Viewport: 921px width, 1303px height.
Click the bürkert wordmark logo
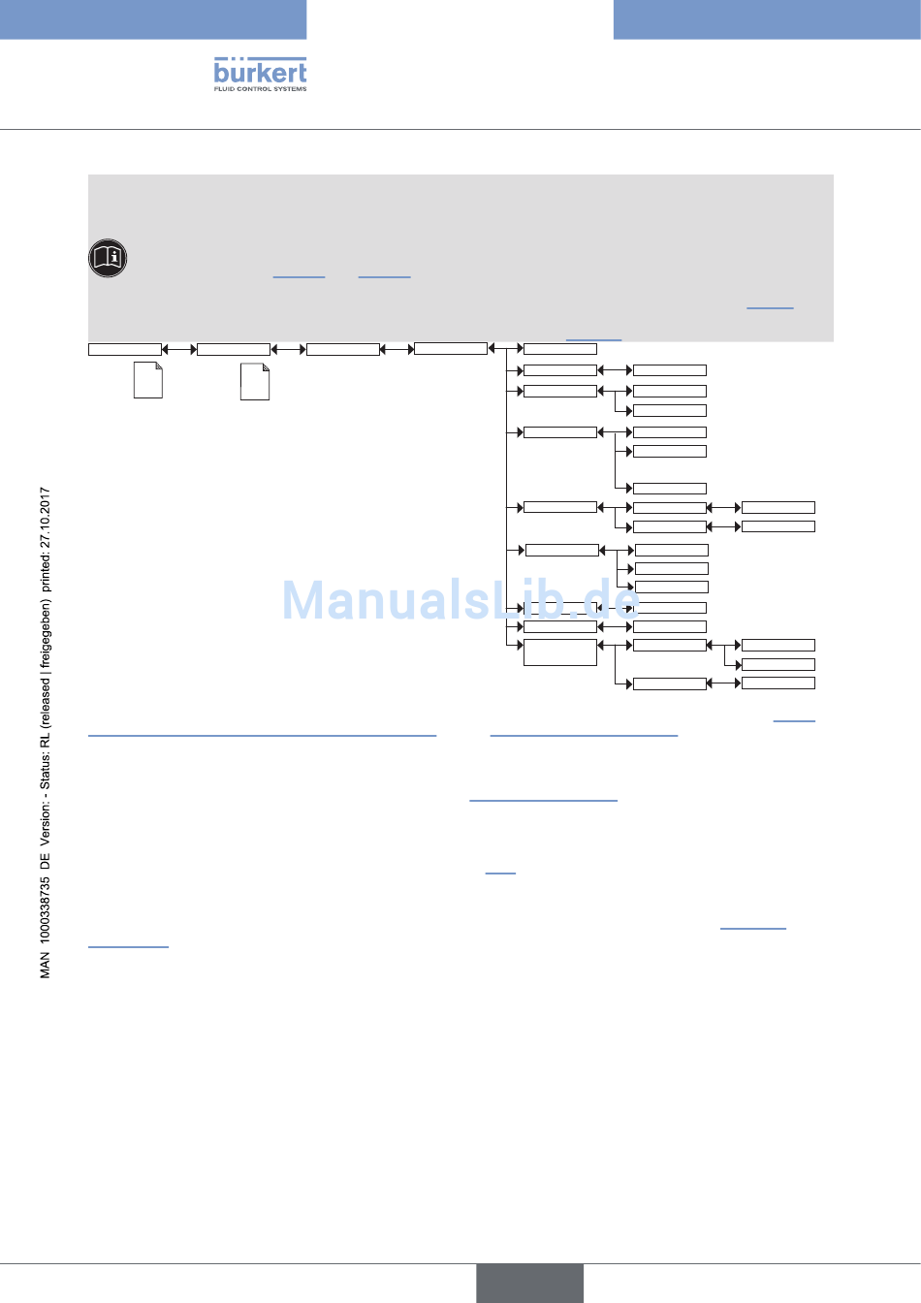[260, 72]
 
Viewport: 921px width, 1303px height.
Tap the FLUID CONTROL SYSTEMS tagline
[260, 89]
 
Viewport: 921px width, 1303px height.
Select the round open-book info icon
[108, 258]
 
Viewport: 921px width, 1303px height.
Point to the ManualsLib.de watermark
[460, 600]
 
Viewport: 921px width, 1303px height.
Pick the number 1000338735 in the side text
[46, 915]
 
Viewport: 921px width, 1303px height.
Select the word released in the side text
[46, 700]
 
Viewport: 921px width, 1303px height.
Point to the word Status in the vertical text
[46, 770]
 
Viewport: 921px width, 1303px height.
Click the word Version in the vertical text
[46, 830]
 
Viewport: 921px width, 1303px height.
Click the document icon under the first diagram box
[147, 380]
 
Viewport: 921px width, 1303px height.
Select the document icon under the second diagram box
[254, 382]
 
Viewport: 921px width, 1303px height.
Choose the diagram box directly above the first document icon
[125, 349]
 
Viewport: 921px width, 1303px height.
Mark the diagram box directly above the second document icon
[234, 349]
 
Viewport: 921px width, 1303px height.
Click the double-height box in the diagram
[560, 651]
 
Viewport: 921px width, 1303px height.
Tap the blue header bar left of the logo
[153, 19]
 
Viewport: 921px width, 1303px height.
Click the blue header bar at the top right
[767, 19]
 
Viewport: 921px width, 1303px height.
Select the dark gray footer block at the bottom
[529, 1283]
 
